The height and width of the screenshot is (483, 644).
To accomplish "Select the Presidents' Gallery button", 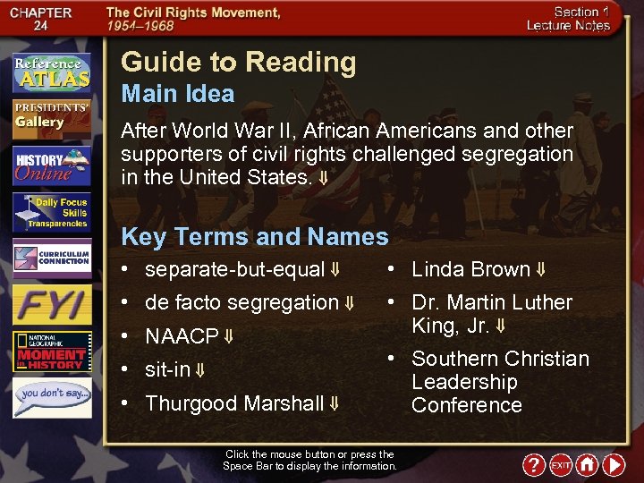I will (52, 118).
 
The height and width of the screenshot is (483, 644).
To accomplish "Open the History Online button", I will (52, 166).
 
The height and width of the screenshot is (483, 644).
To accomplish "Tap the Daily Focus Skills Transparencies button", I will (52, 213).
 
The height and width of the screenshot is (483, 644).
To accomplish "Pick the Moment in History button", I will (52, 352).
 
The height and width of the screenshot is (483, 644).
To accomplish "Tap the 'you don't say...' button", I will (52, 396).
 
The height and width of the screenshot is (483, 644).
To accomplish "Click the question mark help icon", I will (534, 465).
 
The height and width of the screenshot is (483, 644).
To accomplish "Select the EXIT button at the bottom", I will (561, 465).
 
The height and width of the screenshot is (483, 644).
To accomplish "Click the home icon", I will (587, 465).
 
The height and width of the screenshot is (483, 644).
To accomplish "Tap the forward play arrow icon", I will (614, 465).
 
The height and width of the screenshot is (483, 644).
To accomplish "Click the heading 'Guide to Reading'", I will (238, 63).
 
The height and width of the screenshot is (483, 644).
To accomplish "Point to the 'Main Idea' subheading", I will (177, 94).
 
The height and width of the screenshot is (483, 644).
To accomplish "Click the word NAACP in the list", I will (182, 336).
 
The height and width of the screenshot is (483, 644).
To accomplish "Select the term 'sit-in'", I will (167, 370).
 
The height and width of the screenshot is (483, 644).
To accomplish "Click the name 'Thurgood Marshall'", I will (234, 403).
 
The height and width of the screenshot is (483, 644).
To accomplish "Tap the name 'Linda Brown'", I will (470, 269).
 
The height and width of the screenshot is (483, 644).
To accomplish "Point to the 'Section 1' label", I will (581, 12).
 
